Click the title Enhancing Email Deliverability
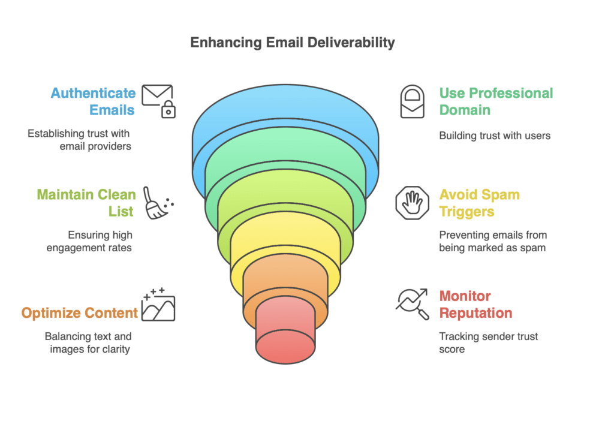coord(292,43)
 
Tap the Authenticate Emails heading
coord(93,101)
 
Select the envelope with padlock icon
coord(159,100)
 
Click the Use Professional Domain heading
coord(496,101)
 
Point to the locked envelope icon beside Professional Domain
coord(412,101)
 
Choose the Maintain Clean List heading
coord(86,203)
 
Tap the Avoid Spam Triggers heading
coord(479,203)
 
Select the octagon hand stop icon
coord(412,203)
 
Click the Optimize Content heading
coord(80,312)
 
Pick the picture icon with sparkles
coord(158,305)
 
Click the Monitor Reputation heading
coord(475,304)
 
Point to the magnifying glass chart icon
coord(412,304)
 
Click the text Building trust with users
coord(495,136)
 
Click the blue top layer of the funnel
coord(285,108)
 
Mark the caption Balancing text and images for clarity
coord(88,342)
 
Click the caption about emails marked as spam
coord(492,241)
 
